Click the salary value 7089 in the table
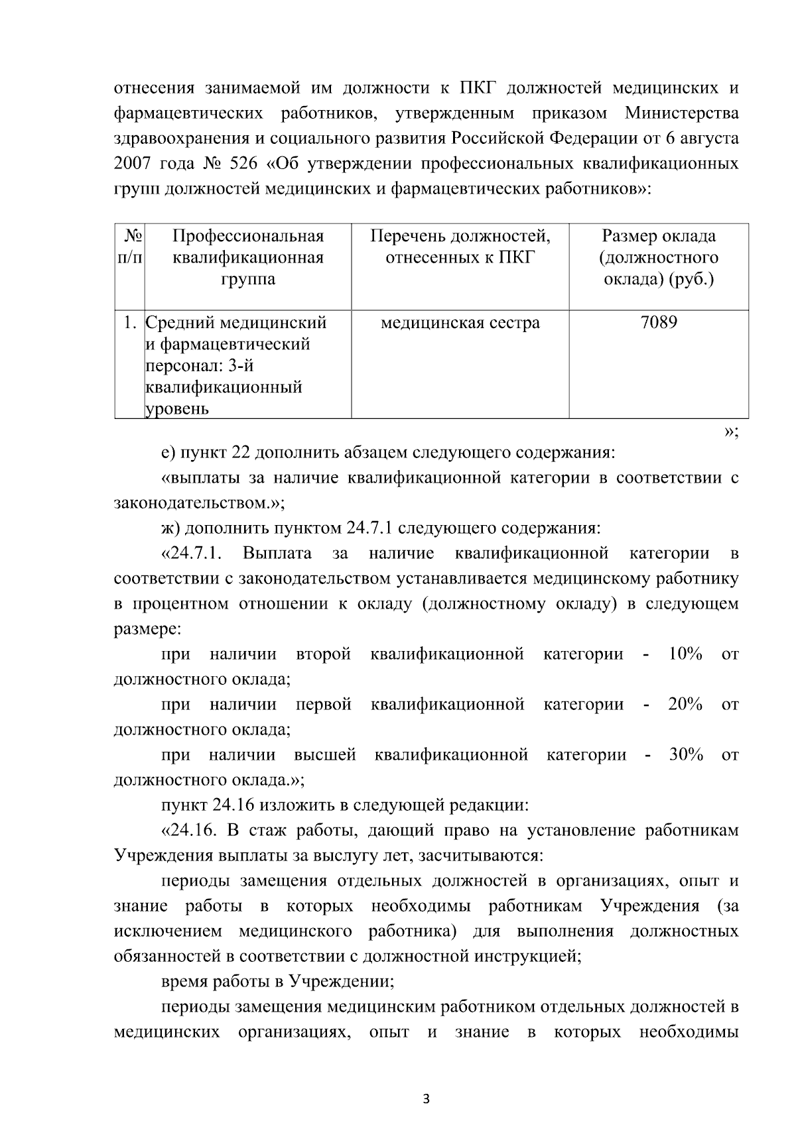tap(659, 323)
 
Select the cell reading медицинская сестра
tap(460, 323)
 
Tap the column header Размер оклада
tap(659, 236)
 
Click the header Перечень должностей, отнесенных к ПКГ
tap(460, 247)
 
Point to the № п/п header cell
tap(130, 247)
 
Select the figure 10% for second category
tap(685, 654)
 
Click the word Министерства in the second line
tap(681, 113)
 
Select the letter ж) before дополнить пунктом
tap(170, 529)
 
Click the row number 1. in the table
tap(131, 323)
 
